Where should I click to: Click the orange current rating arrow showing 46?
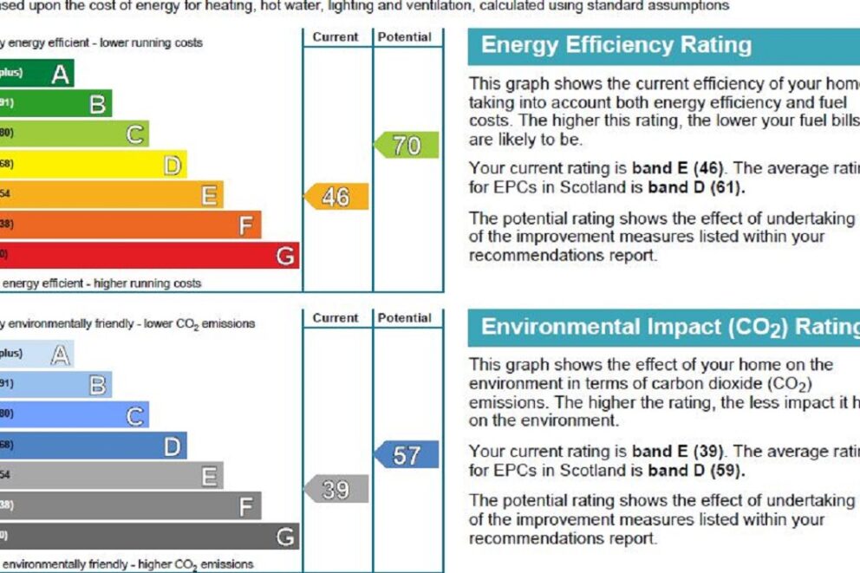[x=336, y=197]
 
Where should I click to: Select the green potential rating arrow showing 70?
[x=406, y=145]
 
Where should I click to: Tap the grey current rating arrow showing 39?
[x=336, y=490]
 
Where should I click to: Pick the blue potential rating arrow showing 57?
[x=406, y=455]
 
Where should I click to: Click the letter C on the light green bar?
[x=135, y=135]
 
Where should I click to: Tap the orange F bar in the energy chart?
[x=130, y=225]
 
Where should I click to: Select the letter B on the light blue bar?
[x=99, y=385]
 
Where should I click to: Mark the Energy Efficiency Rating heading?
[x=616, y=45]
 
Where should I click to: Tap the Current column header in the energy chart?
[x=336, y=37]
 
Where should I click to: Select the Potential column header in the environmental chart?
[x=406, y=318]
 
